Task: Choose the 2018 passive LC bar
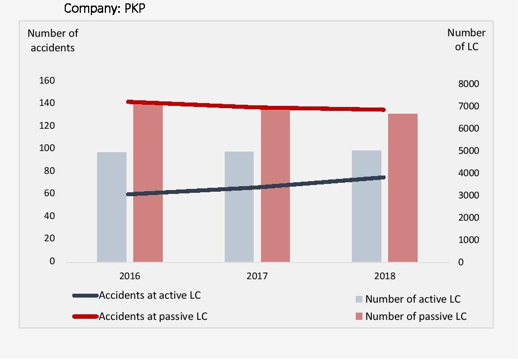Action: point(403,188)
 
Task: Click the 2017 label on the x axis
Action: point(257,276)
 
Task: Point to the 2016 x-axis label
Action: point(129,276)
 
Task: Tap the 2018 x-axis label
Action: point(385,276)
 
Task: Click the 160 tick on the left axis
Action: point(47,81)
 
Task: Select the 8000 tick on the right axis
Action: point(469,84)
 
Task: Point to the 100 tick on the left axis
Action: point(47,148)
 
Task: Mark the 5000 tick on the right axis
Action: point(469,151)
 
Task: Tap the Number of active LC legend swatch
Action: point(359,299)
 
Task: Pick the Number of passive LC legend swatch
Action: point(359,317)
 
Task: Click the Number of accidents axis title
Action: point(53,41)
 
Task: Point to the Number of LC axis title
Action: point(466,40)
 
